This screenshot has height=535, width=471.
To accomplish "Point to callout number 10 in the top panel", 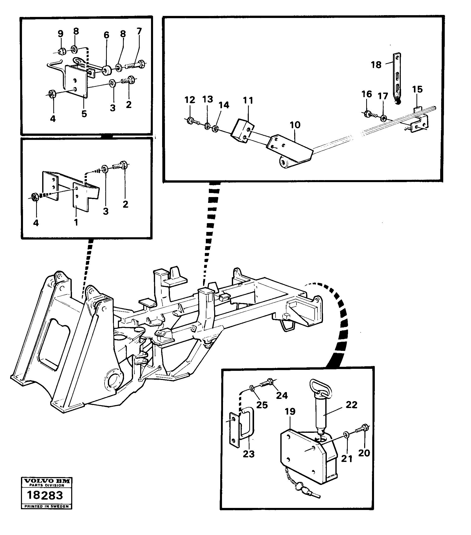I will click(x=295, y=125).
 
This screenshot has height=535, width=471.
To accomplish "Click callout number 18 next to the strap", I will click(x=376, y=65).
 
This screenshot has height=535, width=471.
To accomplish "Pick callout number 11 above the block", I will click(x=248, y=100).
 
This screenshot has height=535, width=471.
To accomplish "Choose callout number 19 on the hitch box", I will click(x=290, y=419).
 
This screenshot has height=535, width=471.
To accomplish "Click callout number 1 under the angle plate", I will click(x=76, y=223).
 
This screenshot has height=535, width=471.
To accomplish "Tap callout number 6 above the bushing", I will click(x=106, y=35).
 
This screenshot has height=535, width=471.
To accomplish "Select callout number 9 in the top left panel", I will click(x=60, y=33).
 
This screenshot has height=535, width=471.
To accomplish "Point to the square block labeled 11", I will click(x=242, y=131).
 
